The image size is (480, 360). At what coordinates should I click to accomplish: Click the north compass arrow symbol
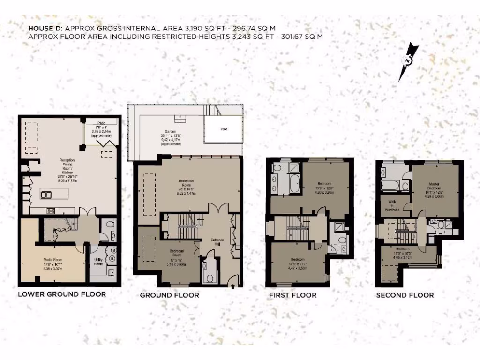[x=407, y=61]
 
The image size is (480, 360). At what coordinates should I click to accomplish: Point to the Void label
[x=224, y=129]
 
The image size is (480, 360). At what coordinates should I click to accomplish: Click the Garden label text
[x=169, y=132]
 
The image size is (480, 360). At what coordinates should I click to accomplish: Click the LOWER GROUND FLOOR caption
[x=61, y=294]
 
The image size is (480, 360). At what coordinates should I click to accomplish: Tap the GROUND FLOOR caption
[x=169, y=295]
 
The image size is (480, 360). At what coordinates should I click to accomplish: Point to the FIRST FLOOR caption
[x=292, y=295]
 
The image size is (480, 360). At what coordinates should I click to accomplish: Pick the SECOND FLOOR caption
[x=405, y=295]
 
